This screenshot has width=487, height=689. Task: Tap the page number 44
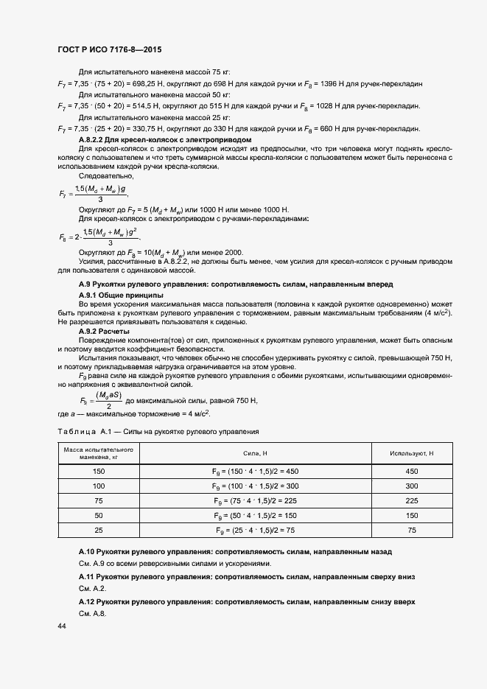coord(61,626)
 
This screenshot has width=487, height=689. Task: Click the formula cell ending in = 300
coord(255,488)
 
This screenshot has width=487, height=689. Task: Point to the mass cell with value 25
coord(99,530)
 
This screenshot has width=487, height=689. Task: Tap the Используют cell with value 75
coord(411,530)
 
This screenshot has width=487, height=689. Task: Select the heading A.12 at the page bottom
coord(247,602)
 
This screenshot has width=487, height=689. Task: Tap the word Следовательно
coord(102,177)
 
